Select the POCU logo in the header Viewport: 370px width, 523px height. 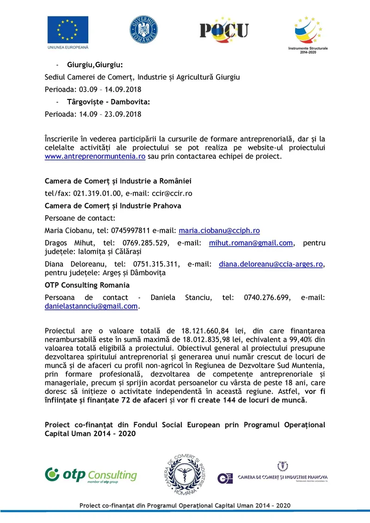click(x=224, y=30)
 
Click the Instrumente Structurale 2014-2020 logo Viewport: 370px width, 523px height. click(x=308, y=33)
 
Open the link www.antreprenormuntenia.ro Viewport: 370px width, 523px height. click(x=95, y=156)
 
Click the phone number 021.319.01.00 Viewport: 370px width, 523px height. click(x=98, y=193)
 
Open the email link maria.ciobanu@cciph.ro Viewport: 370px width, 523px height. click(x=219, y=230)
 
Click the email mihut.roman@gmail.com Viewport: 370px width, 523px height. click(x=251, y=243)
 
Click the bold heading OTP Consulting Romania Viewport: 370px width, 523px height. click(x=87, y=285)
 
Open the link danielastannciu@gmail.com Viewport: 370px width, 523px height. click(x=92, y=306)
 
